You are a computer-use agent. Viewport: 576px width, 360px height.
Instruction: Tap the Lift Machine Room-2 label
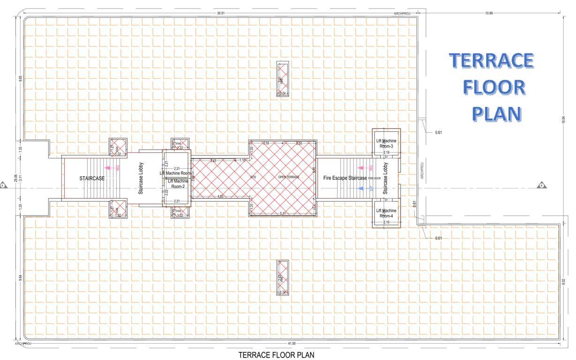coord(178,184)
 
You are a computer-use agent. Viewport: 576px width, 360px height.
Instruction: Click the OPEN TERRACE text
coord(289,177)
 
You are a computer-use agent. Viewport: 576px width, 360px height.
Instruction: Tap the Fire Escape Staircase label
coord(345,178)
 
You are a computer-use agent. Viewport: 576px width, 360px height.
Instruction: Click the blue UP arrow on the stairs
coord(360,188)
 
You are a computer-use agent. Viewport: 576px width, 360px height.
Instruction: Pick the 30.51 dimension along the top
coord(220,14)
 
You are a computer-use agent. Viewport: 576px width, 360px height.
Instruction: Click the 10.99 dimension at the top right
coord(489,14)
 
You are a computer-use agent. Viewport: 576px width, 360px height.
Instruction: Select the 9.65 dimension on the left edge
coord(20,78)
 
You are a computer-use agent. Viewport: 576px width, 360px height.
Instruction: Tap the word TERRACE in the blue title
coord(491,61)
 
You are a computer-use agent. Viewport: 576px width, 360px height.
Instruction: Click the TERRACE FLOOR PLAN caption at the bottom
coord(276,355)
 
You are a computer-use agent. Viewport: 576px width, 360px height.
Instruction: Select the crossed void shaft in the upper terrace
coord(282,79)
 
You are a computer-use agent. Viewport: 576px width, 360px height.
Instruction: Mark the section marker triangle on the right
coord(542,185)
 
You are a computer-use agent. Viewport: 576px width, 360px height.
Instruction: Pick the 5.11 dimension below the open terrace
coord(282,213)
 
